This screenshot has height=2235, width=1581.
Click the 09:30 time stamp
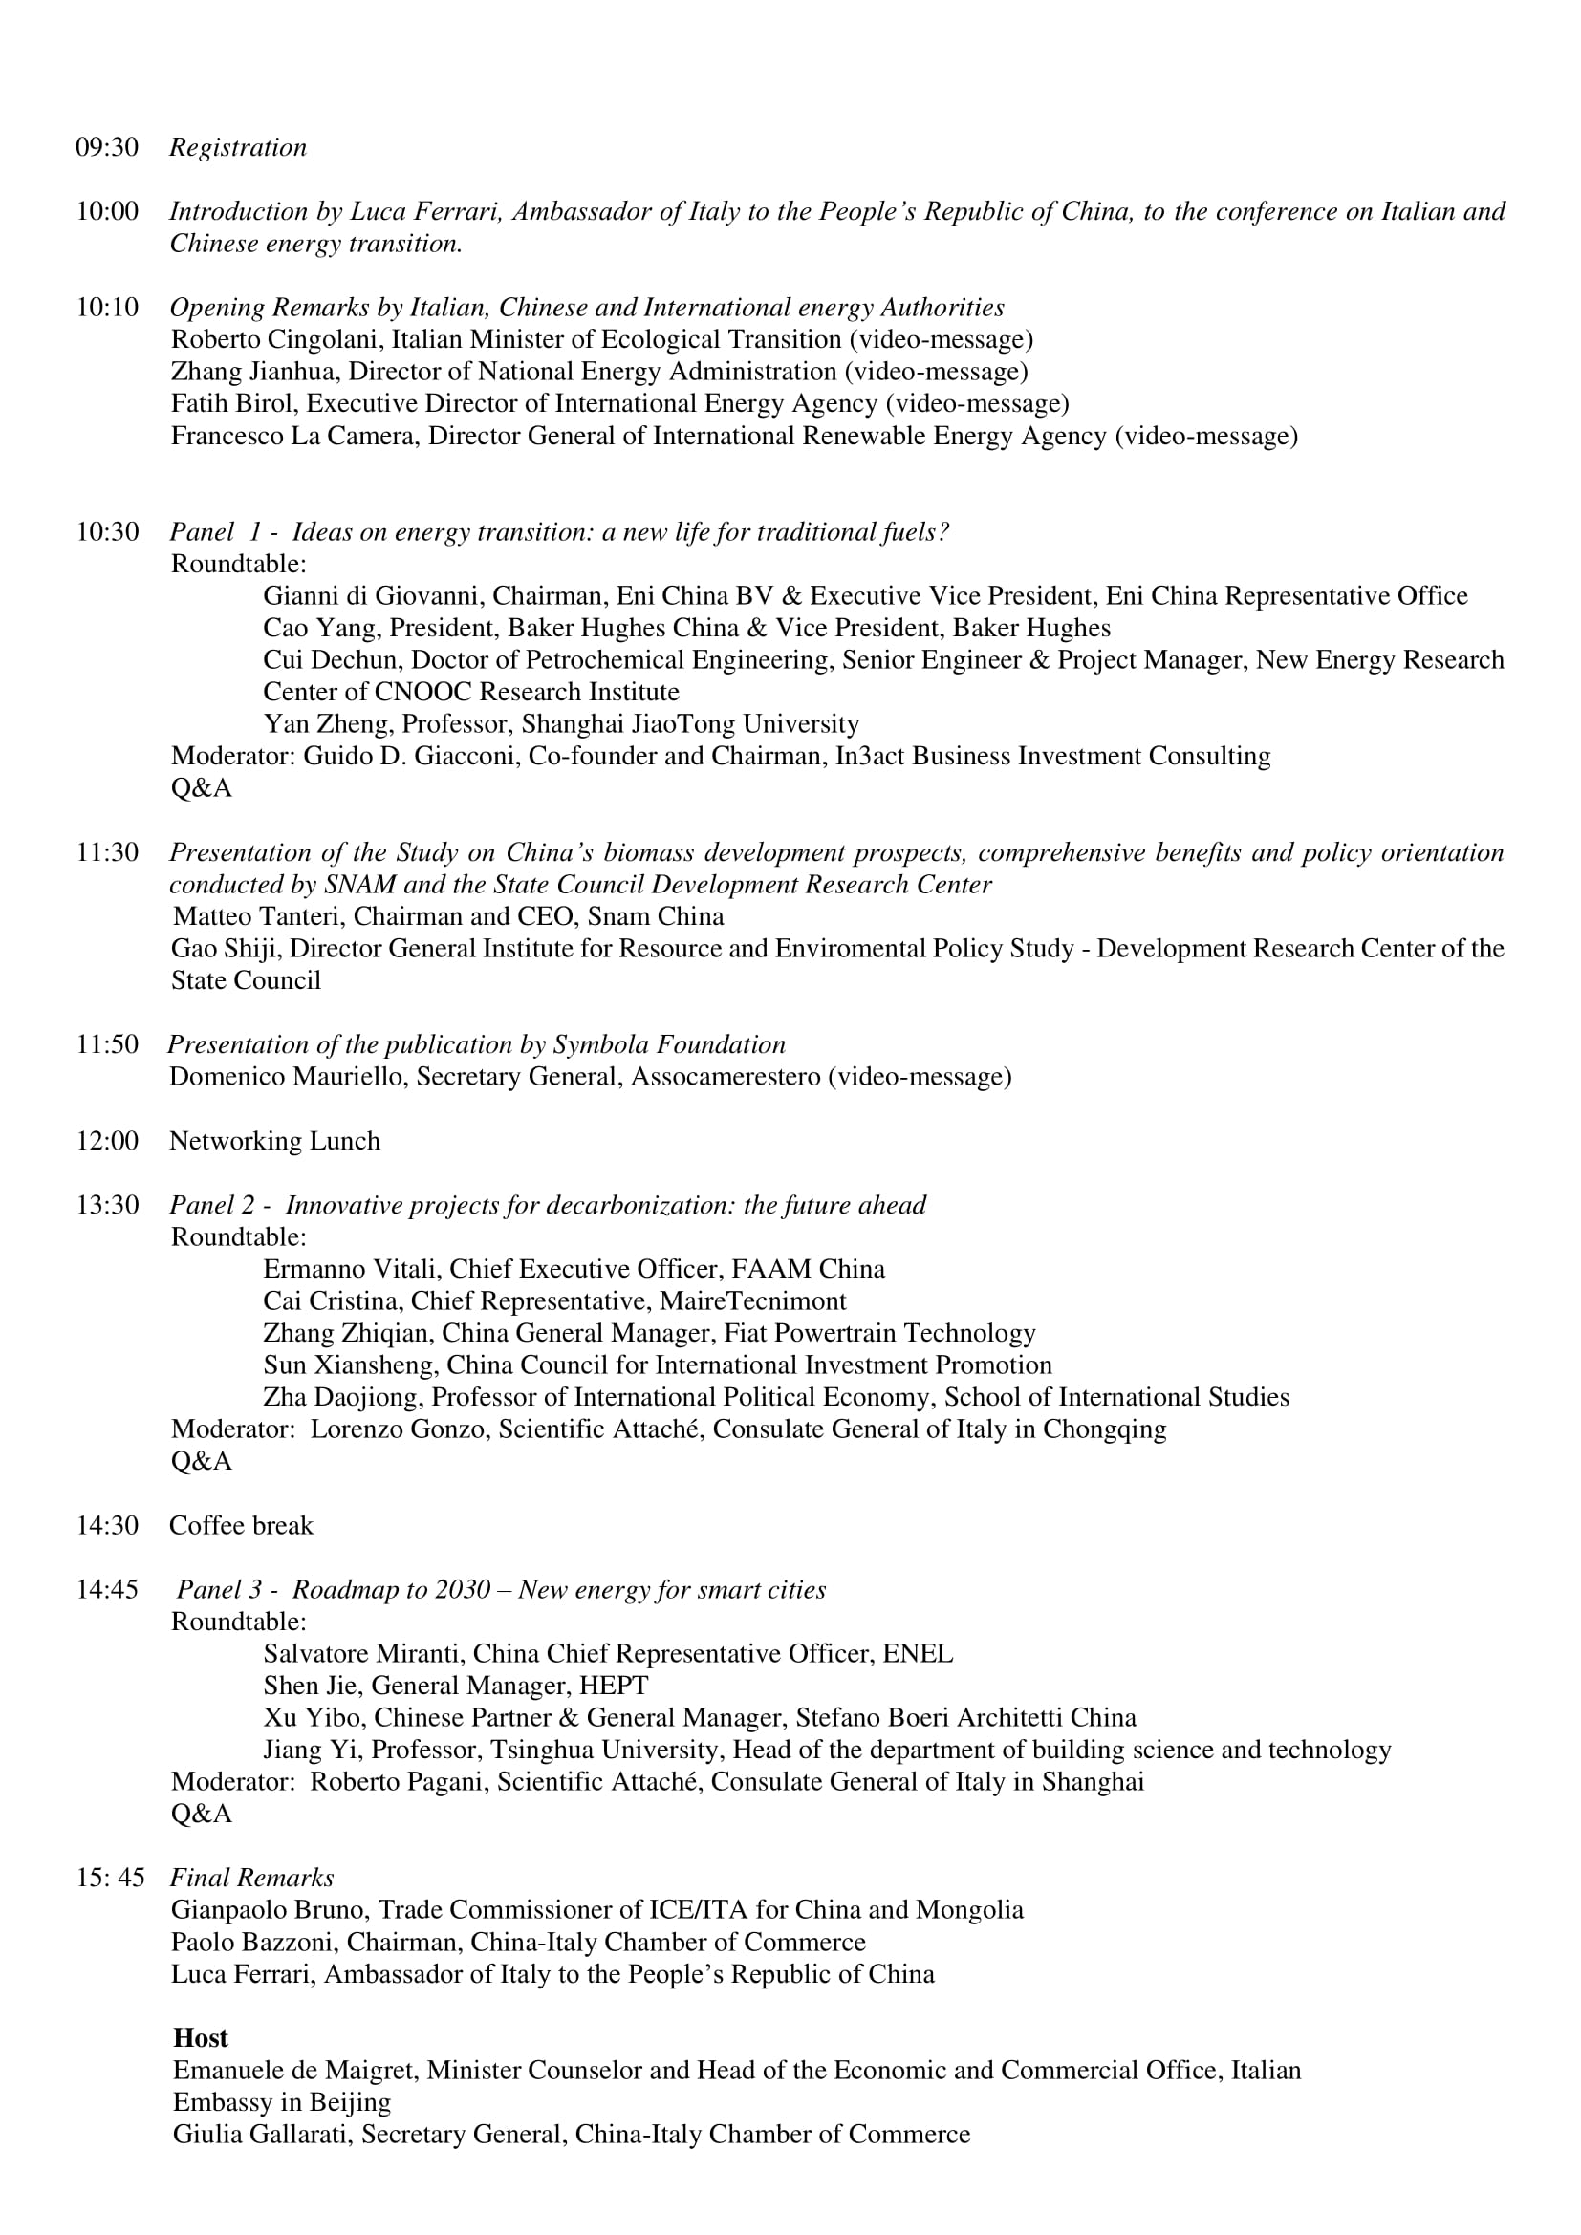pyautogui.click(x=107, y=148)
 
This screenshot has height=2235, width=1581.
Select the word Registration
pyautogui.click(x=238, y=148)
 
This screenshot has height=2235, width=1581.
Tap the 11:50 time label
pyautogui.click(x=107, y=1044)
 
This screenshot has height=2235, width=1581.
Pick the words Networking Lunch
pyautogui.click(x=274, y=1141)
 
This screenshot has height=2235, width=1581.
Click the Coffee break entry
pyautogui.click(x=241, y=1525)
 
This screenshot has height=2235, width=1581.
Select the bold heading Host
pyautogui.click(x=201, y=2038)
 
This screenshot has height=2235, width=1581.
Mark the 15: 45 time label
pyautogui.click(x=110, y=1878)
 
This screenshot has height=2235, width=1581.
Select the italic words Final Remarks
pyautogui.click(x=251, y=1878)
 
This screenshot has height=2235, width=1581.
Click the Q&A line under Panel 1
pyautogui.click(x=202, y=788)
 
